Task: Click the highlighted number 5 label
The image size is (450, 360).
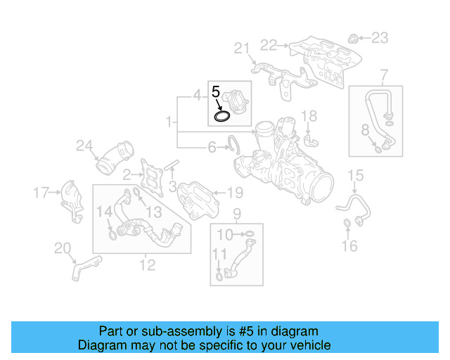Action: tap(217, 91)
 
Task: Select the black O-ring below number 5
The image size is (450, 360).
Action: tap(223, 115)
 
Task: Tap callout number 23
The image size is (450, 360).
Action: tap(379, 37)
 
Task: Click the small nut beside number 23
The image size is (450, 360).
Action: tap(354, 37)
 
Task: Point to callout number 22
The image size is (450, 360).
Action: tap(269, 45)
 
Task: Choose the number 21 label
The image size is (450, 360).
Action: tap(242, 48)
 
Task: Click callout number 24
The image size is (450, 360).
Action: tap(84, 146)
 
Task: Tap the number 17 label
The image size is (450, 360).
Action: tap(41, 191)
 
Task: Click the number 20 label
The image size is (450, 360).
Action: tap(63, 247)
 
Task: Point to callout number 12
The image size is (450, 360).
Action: tap(147, 265)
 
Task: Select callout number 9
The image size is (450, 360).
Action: tap(236, 213)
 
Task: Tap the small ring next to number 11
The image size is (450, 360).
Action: tap(220, 276)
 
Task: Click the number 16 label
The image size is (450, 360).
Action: tap(349, 245)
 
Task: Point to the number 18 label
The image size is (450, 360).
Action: tap(309, 115)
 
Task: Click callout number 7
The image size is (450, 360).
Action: tap(384, 75)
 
